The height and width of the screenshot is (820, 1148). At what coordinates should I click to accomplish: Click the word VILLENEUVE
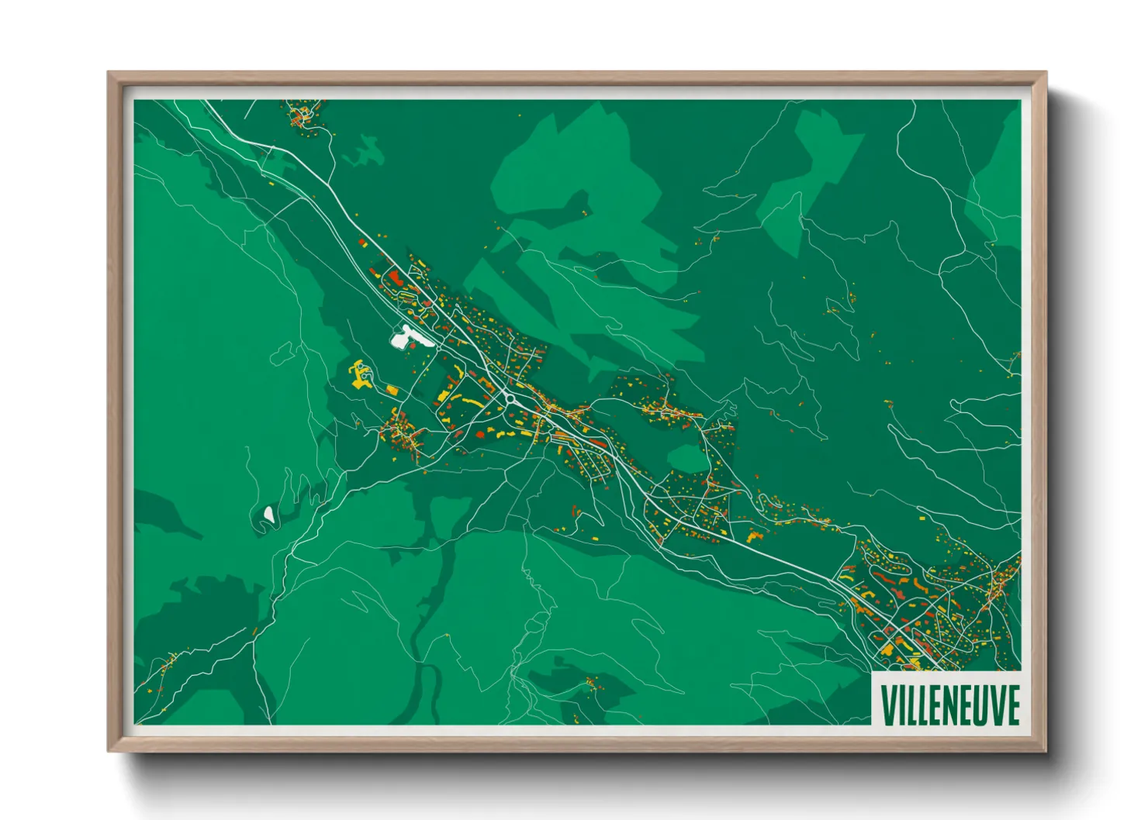[949, 704]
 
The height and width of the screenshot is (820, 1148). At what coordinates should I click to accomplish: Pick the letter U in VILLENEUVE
[980, 704]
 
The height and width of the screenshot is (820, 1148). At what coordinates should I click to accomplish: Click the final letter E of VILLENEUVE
[1011, 704]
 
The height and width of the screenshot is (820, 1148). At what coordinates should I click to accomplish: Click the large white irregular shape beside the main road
[408, 337]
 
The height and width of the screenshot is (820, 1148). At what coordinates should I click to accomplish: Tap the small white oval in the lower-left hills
[268, 513]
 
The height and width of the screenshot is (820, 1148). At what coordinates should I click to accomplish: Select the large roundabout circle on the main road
[510, 400]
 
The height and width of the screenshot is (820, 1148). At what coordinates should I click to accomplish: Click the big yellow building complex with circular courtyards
[361, 374]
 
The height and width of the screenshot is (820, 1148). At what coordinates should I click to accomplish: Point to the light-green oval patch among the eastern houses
[687, 459]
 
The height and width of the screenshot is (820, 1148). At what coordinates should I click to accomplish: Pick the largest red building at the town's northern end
[394, 277]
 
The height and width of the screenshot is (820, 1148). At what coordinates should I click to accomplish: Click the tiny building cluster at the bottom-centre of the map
[592, 683]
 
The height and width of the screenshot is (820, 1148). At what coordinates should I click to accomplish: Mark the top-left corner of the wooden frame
[109, 74]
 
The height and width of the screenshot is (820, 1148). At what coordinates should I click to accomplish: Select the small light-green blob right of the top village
[365, 152]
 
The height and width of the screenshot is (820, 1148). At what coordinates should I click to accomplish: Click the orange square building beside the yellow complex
[392, 389]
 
